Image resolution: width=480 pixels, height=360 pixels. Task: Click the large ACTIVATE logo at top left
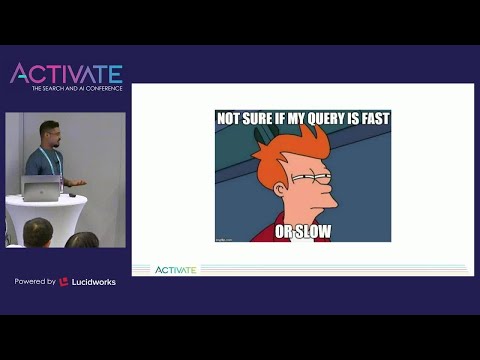66,73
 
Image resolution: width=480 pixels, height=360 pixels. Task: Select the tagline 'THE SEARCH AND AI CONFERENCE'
77,89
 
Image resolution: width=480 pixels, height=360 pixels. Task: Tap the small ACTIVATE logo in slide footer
176,269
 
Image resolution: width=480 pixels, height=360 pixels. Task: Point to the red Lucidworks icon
64,282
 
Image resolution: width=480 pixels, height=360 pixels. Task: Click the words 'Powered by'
35,282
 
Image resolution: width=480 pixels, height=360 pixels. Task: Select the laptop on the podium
40,187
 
